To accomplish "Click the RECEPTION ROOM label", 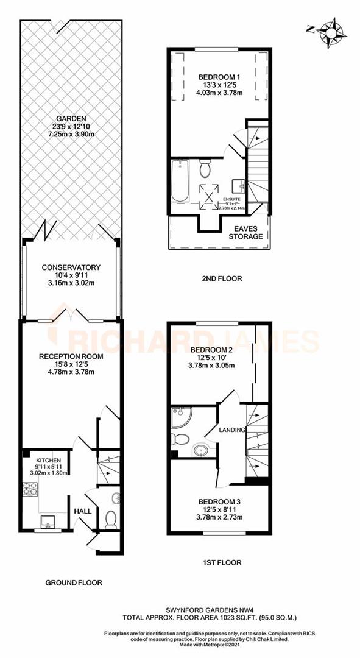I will pos(69,356).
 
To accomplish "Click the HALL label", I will pos(82,511).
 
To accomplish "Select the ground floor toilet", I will pos(110,519).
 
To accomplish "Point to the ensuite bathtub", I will pos(179,181).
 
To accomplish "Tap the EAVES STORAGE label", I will pos(245,232).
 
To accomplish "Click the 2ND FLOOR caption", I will pos(221,278).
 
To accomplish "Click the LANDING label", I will pos(233,430).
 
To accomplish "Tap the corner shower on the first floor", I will pos(182,417).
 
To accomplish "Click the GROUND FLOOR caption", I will pos(74,582).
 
